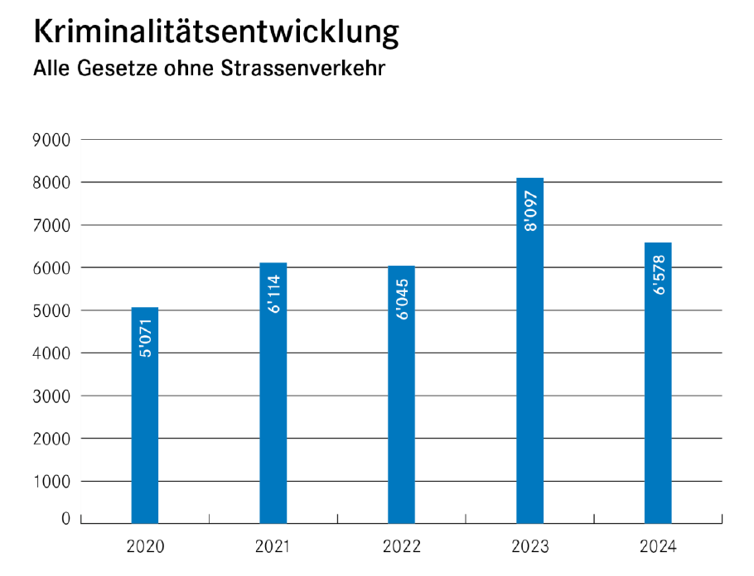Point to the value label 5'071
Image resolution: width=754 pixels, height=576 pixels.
(x=144, y=338)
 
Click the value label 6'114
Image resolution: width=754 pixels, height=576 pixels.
(x=273, y=293)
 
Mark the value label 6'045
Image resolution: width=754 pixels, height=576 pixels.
(x=401, y=299)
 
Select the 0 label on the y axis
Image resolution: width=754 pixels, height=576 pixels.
(x=65, y=519)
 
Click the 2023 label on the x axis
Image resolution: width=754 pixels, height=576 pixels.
(x=529, y=547)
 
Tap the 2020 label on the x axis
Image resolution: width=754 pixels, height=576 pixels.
(x=145, y=547)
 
